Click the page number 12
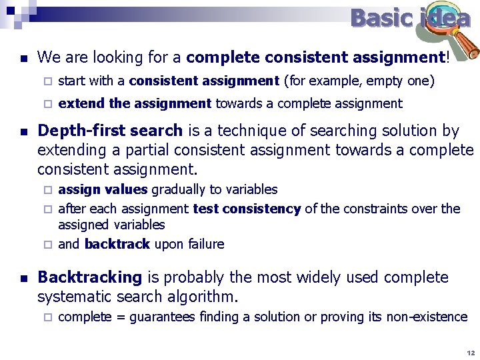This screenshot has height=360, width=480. [470, 352]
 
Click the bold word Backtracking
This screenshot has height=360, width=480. [90, 277]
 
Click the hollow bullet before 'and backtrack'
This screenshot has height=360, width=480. [47, 245]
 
